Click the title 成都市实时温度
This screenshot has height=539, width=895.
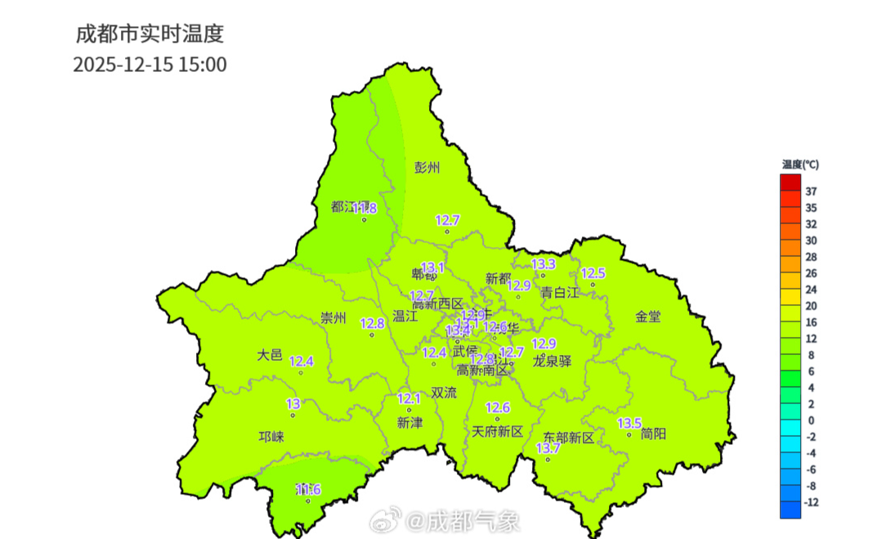point(150,34)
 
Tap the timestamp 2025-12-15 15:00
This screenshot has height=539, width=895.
point(150,65)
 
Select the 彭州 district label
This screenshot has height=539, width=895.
point(427,168)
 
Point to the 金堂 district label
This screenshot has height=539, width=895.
point(648,316)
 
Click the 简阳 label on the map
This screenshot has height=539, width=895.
point(653,433)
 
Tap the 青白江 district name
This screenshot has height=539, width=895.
point(559,292)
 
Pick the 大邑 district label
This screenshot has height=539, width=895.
point(269,355)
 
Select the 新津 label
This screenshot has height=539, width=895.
point(409,422)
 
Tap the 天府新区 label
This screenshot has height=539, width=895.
point(497,430)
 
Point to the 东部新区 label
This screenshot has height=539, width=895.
point(568,438)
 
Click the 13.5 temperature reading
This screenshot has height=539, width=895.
point(629,423)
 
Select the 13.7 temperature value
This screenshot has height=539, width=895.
point(548,448)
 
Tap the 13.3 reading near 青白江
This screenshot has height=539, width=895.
point(544,264)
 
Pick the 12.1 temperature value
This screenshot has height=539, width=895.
point(409,398)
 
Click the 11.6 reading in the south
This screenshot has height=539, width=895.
point(308,489)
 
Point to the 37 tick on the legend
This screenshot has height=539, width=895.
point(811,191)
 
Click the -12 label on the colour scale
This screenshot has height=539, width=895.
point(811,502)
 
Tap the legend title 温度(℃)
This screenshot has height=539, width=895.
point(799,164)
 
